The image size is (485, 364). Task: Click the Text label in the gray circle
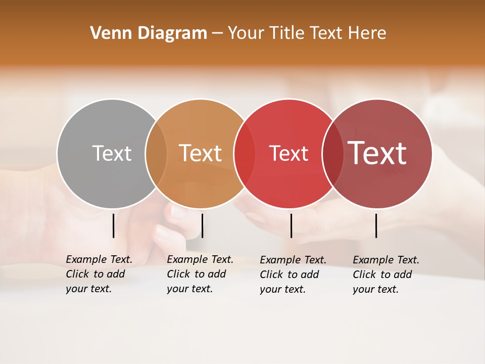coord(112,153)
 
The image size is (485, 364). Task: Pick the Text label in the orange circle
coord(201,153)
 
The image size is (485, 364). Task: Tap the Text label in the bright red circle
coord(288,153)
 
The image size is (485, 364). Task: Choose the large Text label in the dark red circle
coord(377,153)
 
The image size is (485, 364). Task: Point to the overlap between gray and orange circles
coord(156,153)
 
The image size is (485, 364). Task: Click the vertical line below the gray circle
coord(114,225)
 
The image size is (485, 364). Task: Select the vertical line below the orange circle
coord(202,225)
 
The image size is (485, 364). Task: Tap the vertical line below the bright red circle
coord(291,225)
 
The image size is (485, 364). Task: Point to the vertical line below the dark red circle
coord(376,225)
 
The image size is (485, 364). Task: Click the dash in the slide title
coord(217,34)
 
